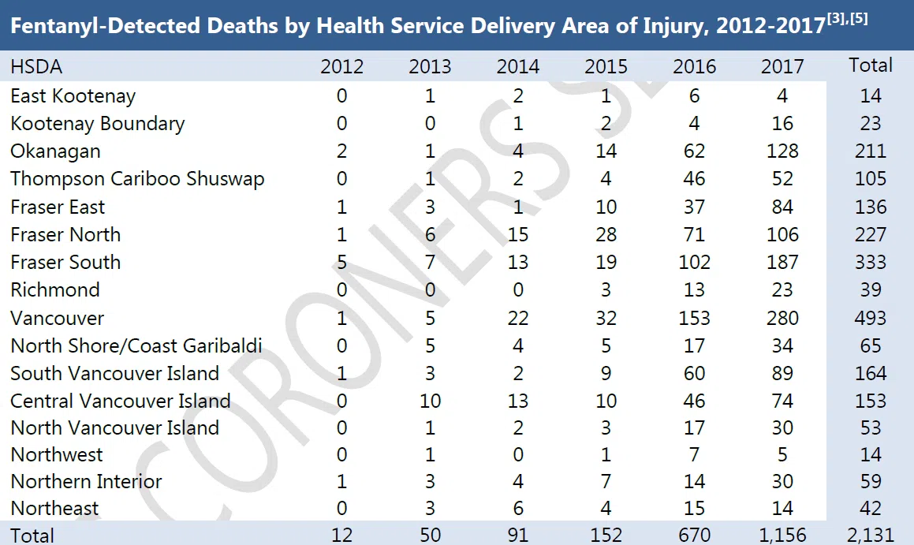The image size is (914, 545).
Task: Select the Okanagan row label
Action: (55, 151)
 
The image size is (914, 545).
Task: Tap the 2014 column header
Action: (517, 66)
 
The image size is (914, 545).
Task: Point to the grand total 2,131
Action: (870, 535)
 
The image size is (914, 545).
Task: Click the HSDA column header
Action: (36, 66)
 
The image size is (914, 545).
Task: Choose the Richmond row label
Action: (55, 289)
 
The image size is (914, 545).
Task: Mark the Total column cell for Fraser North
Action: (870, 234)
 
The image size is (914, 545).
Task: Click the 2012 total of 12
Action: (341, 535)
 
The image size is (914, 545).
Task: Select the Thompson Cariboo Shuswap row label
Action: (137, 179)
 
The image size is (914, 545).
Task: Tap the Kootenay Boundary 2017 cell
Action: (782, 123)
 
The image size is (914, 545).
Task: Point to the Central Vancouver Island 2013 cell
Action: (429, 401)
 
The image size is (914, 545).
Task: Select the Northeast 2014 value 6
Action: (517, 508)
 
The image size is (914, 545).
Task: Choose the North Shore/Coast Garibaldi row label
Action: (136, 345)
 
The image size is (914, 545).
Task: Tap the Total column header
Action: (870, 65)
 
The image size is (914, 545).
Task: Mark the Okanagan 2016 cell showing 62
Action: (694, 151)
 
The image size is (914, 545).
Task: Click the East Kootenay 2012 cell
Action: (341, 96)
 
